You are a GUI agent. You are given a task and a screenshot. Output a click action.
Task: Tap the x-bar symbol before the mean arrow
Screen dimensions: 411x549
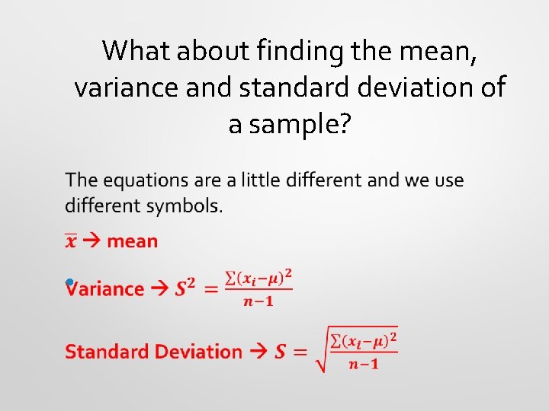70,241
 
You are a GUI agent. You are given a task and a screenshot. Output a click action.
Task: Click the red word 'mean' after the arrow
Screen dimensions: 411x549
132,241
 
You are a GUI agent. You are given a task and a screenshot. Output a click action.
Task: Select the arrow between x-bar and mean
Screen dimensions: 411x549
92,241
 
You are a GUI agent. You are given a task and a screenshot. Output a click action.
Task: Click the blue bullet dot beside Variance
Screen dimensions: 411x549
69,282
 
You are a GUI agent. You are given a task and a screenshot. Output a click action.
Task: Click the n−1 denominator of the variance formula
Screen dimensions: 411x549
259,301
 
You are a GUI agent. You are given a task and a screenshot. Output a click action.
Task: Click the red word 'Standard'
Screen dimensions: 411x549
107,352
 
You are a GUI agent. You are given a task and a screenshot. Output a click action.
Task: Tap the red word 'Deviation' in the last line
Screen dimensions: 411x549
197,352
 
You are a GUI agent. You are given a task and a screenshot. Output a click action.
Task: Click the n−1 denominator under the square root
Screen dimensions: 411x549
364,363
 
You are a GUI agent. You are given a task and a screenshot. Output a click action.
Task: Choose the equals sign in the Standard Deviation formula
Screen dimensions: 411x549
300,352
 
